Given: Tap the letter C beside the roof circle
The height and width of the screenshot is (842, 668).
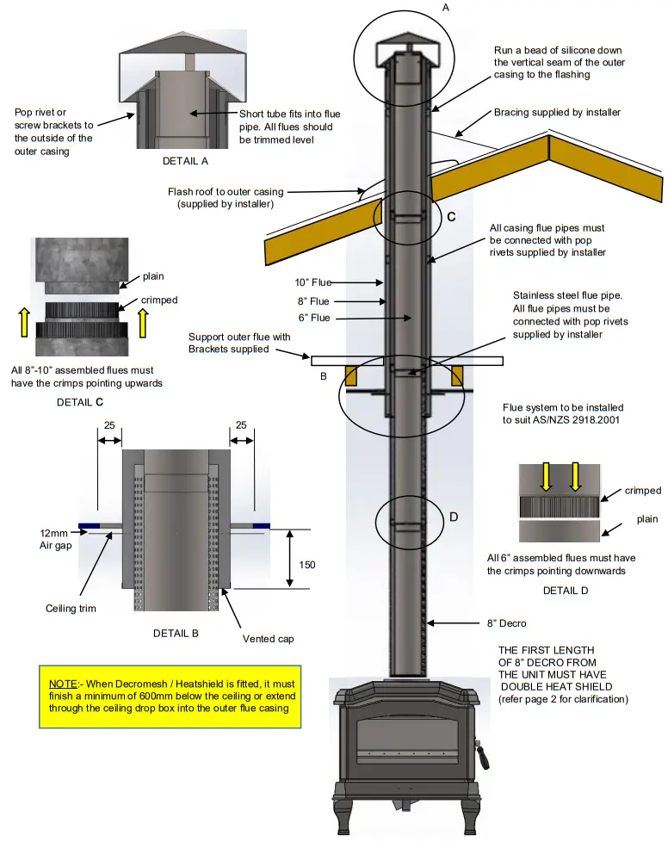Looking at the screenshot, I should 451,217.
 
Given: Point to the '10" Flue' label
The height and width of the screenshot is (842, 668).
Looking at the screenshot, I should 312,282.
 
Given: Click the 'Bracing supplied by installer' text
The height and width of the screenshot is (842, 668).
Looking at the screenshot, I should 557,113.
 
